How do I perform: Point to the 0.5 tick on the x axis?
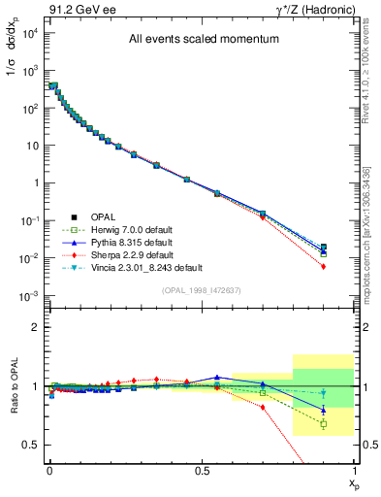point(202,471)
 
